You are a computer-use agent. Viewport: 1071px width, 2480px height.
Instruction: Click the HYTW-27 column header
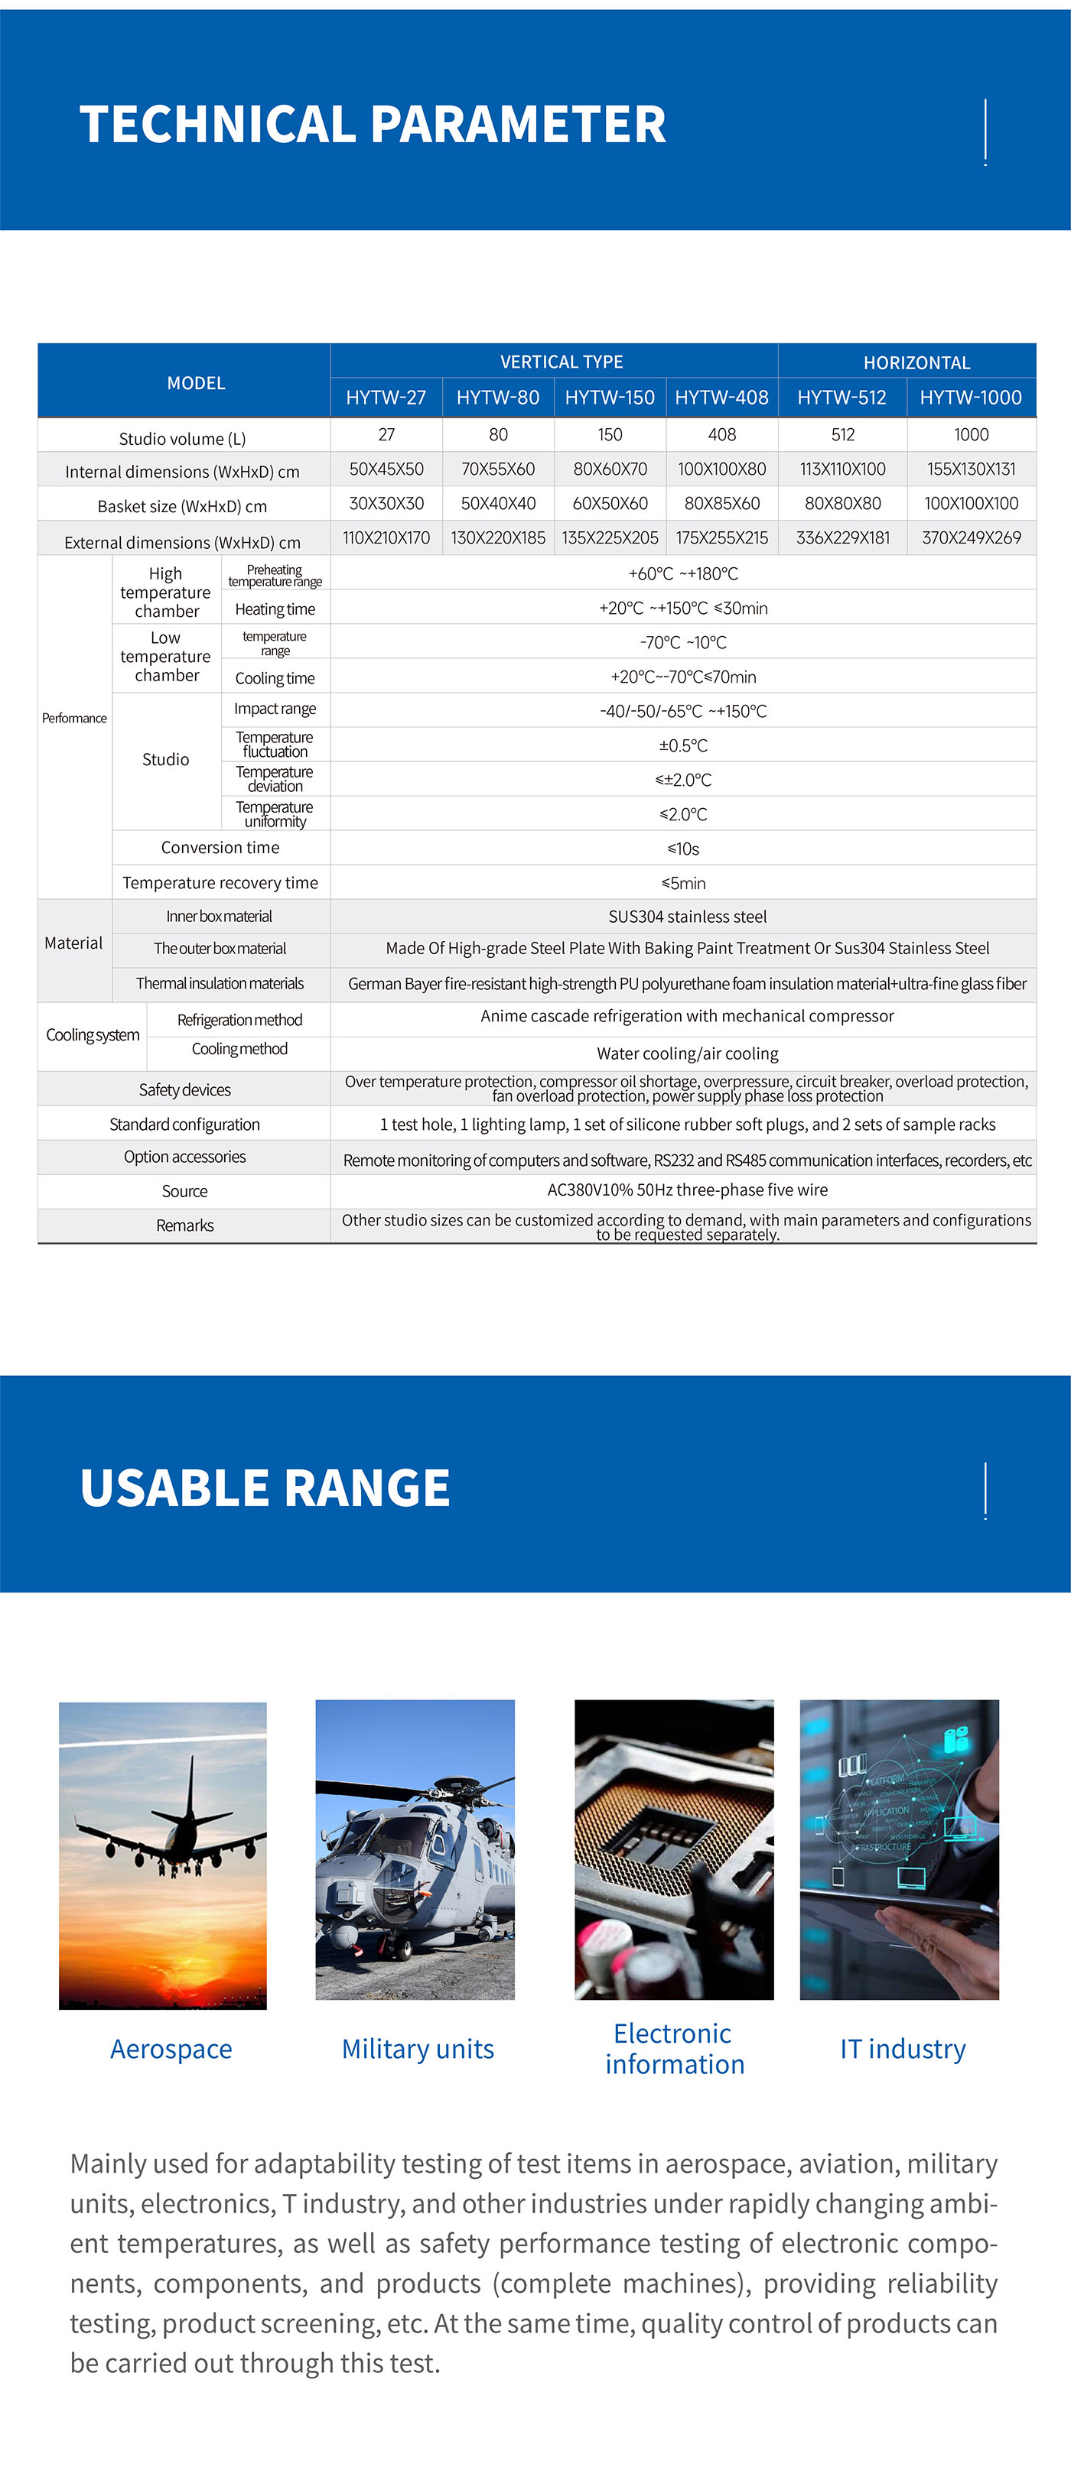tap(386, 398)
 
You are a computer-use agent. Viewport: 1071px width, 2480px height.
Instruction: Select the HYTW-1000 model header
tap(970, 398)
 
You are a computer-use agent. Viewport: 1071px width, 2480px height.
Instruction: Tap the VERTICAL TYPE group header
tap(562, 362)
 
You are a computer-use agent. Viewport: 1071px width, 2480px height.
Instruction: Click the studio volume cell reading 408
tap(721, 435)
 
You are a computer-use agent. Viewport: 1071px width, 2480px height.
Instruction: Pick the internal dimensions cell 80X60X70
tap(610, 470)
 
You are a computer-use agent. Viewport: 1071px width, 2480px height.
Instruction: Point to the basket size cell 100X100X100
tap(971, 504)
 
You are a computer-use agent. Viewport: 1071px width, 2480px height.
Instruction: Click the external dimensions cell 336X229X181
tap(843, 538)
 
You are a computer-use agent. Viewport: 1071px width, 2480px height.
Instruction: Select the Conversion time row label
tap(220, 848)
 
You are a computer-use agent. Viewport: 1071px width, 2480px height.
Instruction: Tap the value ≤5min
tap(683, 883)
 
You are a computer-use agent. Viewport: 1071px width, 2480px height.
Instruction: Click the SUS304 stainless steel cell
tap(687, 917)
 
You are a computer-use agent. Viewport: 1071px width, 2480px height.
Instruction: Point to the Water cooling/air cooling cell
tap(687, 1054)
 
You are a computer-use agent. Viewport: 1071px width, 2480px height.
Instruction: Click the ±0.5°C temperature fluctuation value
tap(683, 746)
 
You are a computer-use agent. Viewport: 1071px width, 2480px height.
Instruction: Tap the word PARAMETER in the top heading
tap(518, 125)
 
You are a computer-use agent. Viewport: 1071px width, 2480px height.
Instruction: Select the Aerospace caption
tap(171, 2049)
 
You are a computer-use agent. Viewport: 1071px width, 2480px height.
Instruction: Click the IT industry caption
tap(903, 2049)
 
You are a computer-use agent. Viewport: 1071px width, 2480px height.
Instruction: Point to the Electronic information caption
tap(674, 2049)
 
